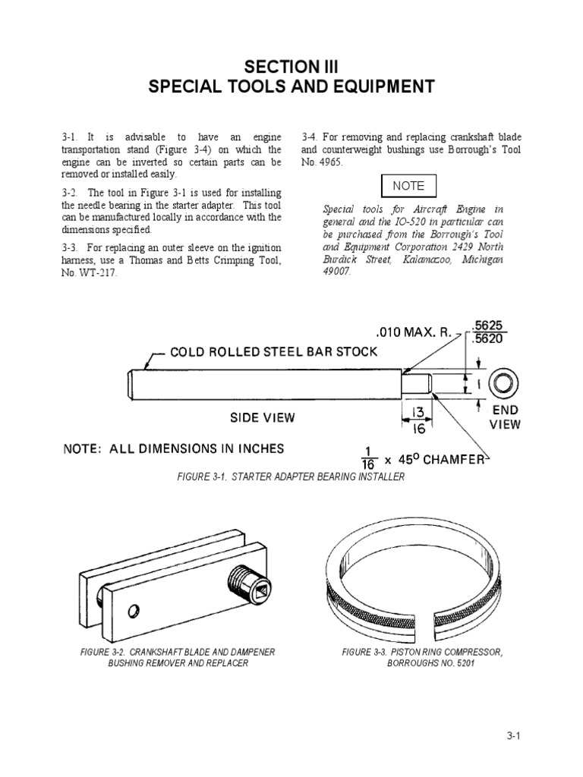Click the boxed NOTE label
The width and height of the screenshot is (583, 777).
pos(408,186)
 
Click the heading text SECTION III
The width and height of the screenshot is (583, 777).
pos(291,67)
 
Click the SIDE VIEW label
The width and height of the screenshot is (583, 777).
pos(263,417)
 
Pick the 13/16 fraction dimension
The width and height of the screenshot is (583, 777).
pos(418,420)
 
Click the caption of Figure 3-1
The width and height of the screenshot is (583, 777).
pos(291,477)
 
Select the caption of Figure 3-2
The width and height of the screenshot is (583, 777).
pos(177,657)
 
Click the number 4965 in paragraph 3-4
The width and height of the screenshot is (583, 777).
pos(332,162)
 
